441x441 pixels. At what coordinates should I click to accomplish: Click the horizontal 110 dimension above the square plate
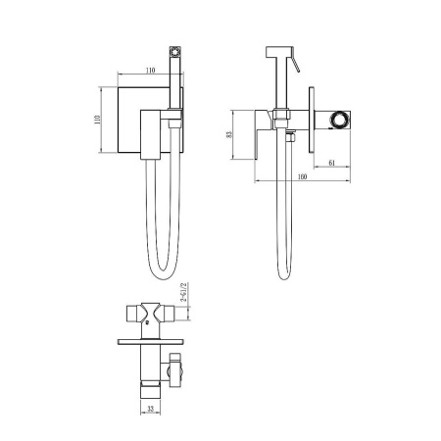pos(150,71)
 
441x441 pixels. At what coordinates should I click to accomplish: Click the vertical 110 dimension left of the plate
pos(97,120)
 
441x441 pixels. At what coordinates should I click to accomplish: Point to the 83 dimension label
pos(229,134)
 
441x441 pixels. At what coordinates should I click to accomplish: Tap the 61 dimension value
pos(332,163)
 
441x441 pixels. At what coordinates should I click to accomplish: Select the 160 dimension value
pos(303,176)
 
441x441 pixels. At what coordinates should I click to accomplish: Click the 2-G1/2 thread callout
pos(183,293)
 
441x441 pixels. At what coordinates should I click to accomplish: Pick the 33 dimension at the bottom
pos(150,409)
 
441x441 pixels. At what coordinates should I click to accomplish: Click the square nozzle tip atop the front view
pos(175,51)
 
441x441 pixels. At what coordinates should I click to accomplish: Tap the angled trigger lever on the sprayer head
pos(296,61)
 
